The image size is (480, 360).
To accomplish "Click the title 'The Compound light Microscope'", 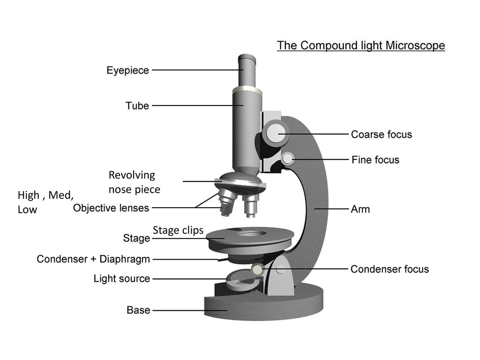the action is (361, 45).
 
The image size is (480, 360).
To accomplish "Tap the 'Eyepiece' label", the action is (127, 70).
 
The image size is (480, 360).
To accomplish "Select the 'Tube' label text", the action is (137, 105).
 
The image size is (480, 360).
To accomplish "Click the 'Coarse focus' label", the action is (382, 135).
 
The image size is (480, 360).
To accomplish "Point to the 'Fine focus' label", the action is (375, 160).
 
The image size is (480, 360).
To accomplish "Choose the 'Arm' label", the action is (360, 210).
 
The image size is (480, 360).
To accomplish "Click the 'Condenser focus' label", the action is (390, 269).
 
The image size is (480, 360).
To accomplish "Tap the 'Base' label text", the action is (138, 310).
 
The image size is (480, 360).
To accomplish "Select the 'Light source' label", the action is (122, 278).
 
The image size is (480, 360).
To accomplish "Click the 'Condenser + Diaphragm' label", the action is (93, 259).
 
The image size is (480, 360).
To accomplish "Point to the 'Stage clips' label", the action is (178, 230).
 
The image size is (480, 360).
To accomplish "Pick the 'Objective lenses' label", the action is (111, 208).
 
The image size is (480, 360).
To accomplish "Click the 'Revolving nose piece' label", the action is (135, 182).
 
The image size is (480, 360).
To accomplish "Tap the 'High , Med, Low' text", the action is (45, 202).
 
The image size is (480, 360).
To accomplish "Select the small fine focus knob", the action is (288, 158).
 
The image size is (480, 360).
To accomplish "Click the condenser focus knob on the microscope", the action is (257, 270).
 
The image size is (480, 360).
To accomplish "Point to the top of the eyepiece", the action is (247, 58).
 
